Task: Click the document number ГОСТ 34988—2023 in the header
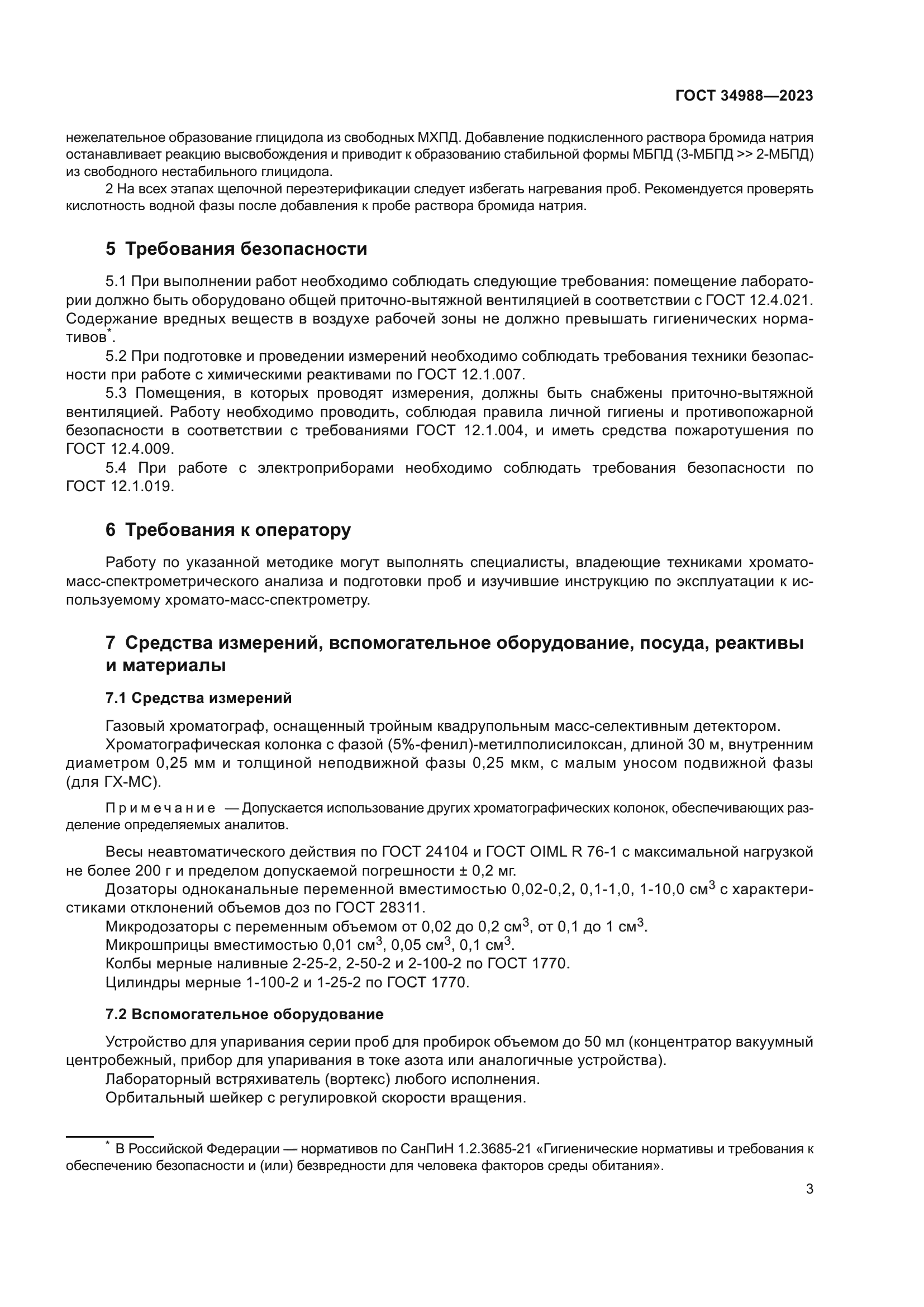click(744, 96)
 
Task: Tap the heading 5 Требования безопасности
click(236, 249)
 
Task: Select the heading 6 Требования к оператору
click(228, 529)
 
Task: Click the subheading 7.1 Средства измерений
click(198, 697)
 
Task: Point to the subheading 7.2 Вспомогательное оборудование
click(244, 1014)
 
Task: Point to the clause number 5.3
click(117, 393)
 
